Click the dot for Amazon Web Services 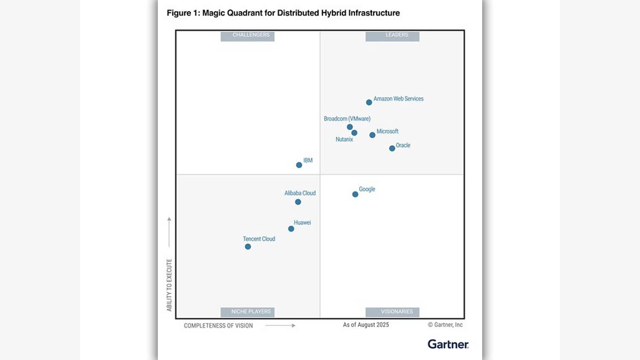(x=369, y=102)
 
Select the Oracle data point (x=392, y=148)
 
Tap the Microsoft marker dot (x=372, y=135)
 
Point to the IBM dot (x=299, y=165)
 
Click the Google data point (x=355, y=194)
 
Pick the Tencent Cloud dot (x=247, y=246)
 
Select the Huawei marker (x=291, y=229)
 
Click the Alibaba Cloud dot (x=298, y=202)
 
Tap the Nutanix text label (x=344, y=140)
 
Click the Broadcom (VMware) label (x=347, y=118)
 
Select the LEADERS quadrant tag (x=396, y=36)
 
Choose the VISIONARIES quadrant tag (x=396, y=311)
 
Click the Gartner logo (x=448, y=344)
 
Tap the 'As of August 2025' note (x=366, y=325)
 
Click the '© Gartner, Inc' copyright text (x=445, y=325)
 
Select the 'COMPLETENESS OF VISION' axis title (x=219, y=325)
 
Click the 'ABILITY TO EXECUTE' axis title (x=169, y=285)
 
